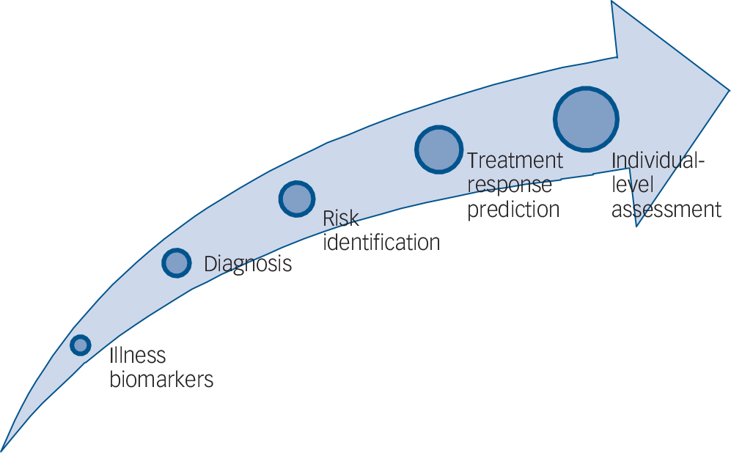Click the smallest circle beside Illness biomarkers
(81, 345)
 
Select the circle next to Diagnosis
(177, 263)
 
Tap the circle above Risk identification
(297, 199)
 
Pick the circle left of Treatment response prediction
(438, 150)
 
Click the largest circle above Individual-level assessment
(586, 119)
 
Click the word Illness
(138, 356)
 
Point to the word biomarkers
(161, 380)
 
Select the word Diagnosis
(248, 264)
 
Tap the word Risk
(341, 218)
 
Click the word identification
(381, 243)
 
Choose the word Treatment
(515, 161)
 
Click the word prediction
(513, 210)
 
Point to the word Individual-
(658, 161)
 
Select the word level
(632, 185)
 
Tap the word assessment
(666, 210)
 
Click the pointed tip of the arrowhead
(729, 90)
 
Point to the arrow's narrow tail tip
(2, 450)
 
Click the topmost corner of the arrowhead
(612, 1)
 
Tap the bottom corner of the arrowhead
(637, 226)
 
